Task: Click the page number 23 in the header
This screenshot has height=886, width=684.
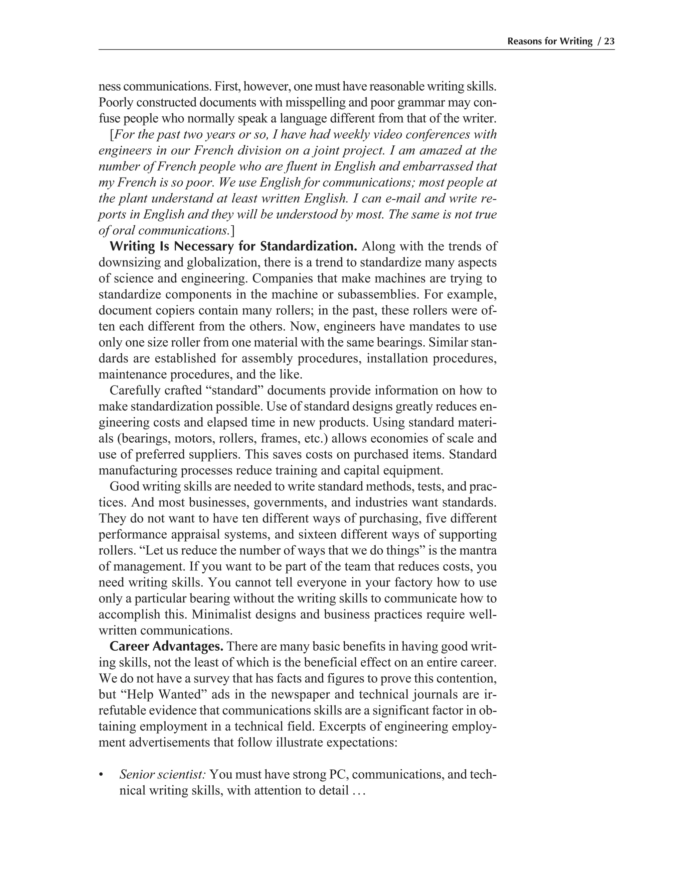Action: pos(610,41)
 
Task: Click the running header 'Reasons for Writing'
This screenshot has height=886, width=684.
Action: pos(549,41)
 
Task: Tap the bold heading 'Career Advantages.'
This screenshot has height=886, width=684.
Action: pos(167,646)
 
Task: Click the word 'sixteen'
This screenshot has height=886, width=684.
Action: pos(330,534)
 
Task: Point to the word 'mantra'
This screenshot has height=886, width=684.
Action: pos(478,551)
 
